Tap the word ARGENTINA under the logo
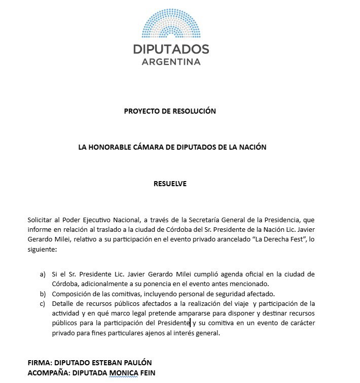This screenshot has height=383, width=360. coord(170,62)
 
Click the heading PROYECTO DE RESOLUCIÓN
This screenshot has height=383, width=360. coord(170,111)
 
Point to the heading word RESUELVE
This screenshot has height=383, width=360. coord(170,183)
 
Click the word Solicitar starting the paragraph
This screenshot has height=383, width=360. coord(42,220)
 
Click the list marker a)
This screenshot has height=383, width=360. coord(43,274)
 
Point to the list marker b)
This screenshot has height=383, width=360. coord(43,294)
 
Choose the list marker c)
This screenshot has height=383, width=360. coord(43,303)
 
